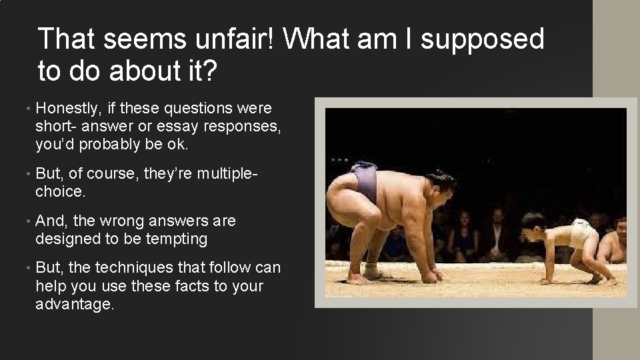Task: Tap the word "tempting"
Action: pos(176,239)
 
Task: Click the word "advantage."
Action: pos(75,305)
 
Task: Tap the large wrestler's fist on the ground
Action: pos(433,274)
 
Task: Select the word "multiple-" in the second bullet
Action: pos(224,174)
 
